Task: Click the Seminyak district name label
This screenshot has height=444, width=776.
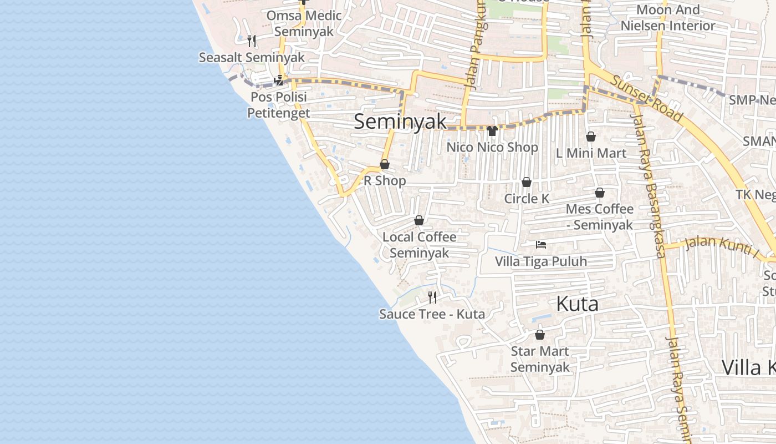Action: [x=400, y=122]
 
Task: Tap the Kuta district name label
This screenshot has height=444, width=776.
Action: [x=577, y=304]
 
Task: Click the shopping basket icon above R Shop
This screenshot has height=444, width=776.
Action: [x=384, y=164]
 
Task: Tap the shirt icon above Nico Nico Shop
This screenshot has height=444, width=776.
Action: [x=492, y=131]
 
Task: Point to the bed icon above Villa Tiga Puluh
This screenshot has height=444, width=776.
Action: [x=540, y=244]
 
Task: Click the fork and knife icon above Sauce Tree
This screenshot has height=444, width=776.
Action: [x=432, y=297]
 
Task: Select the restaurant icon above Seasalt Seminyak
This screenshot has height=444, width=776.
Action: [x=252, y=41]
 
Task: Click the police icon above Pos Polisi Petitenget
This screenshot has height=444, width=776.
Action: [x=279, y=80]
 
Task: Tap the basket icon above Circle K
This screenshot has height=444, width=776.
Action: [x=526, y=182]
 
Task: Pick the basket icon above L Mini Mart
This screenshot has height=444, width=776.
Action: [x=591, y=137]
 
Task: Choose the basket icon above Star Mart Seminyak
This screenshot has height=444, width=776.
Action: [x=539, y=335]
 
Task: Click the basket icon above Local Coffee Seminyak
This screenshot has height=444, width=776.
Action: [x=419, y=220]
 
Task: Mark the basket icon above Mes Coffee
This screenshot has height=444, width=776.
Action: [x=599, y=193]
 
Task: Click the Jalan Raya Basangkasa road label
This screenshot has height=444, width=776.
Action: [x=648, y=183]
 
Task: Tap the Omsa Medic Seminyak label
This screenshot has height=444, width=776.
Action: [x=304, y=23]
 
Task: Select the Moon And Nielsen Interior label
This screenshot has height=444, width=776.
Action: [x=668, y=18]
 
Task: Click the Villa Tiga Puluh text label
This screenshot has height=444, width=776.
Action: [x=540, y=261]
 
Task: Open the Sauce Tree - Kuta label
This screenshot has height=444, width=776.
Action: [x=432, y=314]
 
